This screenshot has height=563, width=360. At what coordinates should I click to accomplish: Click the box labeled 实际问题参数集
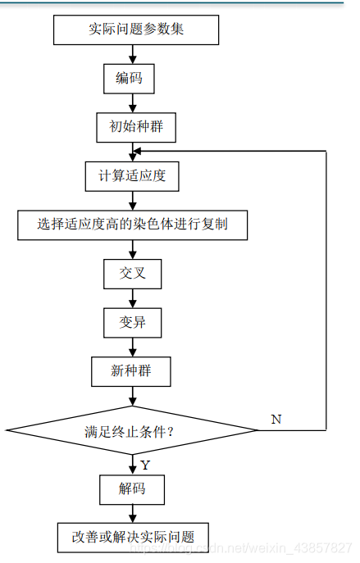pyautogui.click(x=136, y=30)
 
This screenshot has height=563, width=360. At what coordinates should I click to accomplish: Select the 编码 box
pyautogui.click(x=130, y=79)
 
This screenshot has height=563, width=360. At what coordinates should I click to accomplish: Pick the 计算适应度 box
pyautogui.click(x=132, y=175)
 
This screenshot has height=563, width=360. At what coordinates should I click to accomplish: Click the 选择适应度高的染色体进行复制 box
pyautogui.click(x=132, y=224)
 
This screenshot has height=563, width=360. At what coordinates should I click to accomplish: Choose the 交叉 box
pyautogui.click(x=131, y=273)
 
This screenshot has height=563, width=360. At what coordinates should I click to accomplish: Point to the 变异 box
pyautogui.click(x=131, y=322)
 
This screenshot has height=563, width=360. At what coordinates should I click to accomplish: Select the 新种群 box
pyautogui.click(x=131, y=371)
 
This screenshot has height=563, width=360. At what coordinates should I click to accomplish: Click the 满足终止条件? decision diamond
pyautogui.click(x=131, y=430)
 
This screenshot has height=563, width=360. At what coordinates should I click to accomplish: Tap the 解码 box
pyautogui.click(x=131, y=489)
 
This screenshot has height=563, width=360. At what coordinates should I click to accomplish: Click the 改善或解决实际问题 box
pyautogui.click(x=132, y=537)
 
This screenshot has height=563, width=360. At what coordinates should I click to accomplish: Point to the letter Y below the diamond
pyautogui.click(x=145, y=465)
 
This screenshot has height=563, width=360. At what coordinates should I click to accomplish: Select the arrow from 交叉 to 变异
pyautogui.click(x=131, y=297)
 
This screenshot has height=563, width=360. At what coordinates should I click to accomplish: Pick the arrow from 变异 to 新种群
pyautogui.click(x=131, y=347)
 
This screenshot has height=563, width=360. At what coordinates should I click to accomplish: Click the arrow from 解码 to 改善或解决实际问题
pyautogui.click(x=131, y=513)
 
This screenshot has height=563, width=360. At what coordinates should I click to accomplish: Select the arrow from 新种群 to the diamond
pyautogui.click(x=131, y=396)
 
